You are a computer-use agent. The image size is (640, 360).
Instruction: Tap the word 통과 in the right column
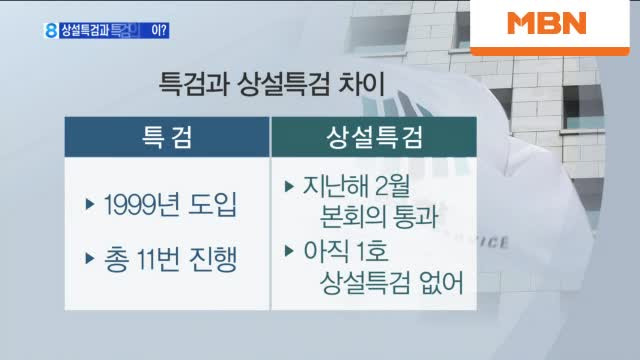[418, 216]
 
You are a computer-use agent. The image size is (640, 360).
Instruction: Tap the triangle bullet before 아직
[290, 248]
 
